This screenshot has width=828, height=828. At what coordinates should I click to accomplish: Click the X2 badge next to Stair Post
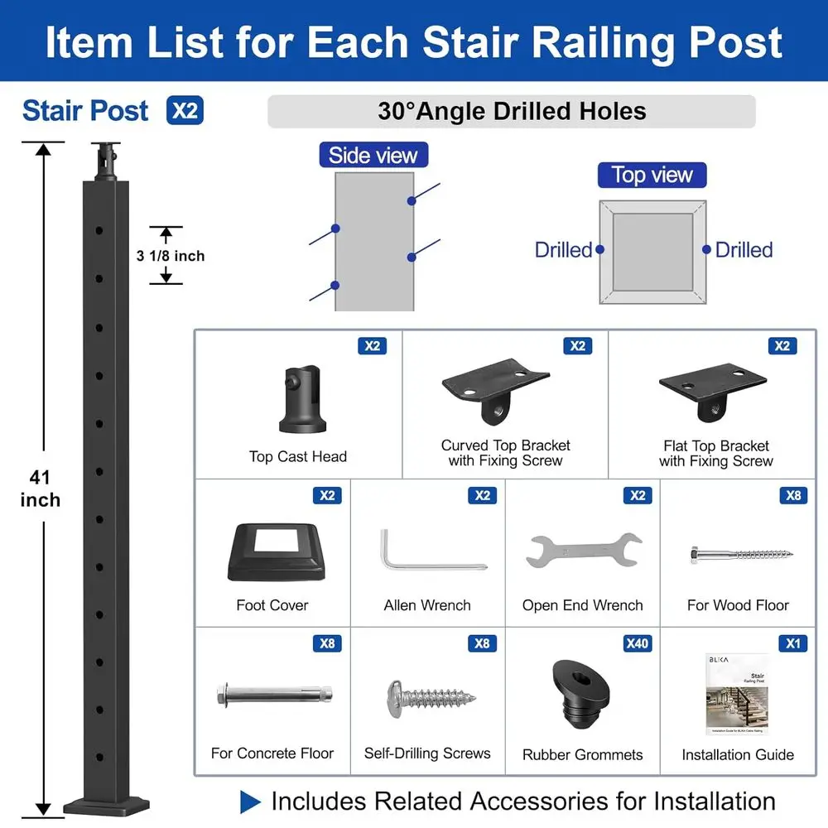click(185, 111)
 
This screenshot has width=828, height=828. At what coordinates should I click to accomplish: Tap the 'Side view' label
click(373, 155)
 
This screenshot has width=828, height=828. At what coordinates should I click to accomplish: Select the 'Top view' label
click(652, 175)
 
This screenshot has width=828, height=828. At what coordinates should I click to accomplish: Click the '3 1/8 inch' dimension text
click(171, 256)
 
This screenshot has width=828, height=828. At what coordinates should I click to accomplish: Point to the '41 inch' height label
click(40, 488)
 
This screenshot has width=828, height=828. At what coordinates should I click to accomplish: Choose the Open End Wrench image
click(583, 551)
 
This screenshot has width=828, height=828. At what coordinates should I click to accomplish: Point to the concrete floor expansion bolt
click(273, 694)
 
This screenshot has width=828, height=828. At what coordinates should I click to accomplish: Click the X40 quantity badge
click(636, 643)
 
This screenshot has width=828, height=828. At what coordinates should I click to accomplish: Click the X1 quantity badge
click(792, 643)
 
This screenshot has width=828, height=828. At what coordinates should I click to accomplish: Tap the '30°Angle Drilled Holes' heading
click(512, 112)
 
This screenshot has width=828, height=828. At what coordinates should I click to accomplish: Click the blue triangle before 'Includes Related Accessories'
click(250, 802)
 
